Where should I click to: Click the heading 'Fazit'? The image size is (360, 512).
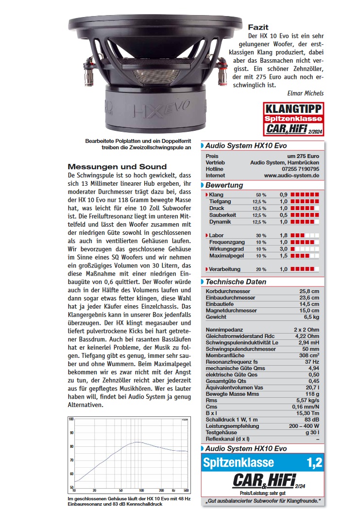click(x=258, y=27)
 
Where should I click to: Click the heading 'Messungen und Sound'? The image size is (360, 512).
click(x=117, y=166)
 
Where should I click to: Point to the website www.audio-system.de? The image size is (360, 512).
click(x=291, y=176)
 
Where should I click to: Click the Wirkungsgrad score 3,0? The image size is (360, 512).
click(x=283, y=248)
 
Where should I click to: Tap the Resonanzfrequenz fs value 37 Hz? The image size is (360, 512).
click(x=311, y=361)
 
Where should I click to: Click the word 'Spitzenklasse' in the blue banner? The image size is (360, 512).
click(x=239, y=463)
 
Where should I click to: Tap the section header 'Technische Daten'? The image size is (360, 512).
click(x=236, y=282)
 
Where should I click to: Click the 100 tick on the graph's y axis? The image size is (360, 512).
click(x=71, y=419)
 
